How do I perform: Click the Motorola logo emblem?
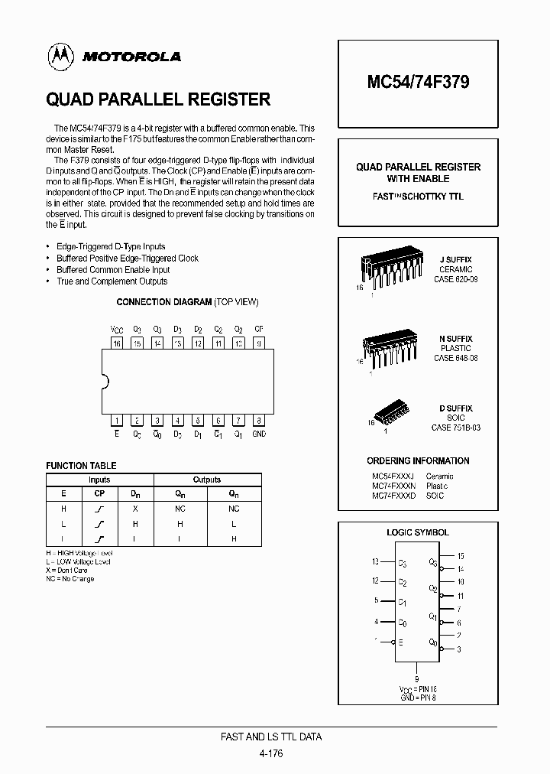(59, 56)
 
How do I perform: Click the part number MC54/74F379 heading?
(417, 83)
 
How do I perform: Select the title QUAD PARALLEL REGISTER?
(158, 99)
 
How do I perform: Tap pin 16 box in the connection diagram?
(117, 343)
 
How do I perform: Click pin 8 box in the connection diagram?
(259, 420)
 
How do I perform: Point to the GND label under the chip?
(259, 433)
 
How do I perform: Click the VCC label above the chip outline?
(117, 330)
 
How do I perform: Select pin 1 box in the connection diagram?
(117, 420)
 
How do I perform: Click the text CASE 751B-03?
(456, 428)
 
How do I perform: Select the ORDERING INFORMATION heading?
(418, 460)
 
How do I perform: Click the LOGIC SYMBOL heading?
(418, 532)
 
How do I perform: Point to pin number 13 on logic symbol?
(375, 562)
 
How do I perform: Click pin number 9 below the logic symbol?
(416, 678)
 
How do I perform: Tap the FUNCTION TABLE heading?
(81, 465)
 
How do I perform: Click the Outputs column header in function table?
(206, 480)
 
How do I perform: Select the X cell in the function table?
(134, 509)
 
